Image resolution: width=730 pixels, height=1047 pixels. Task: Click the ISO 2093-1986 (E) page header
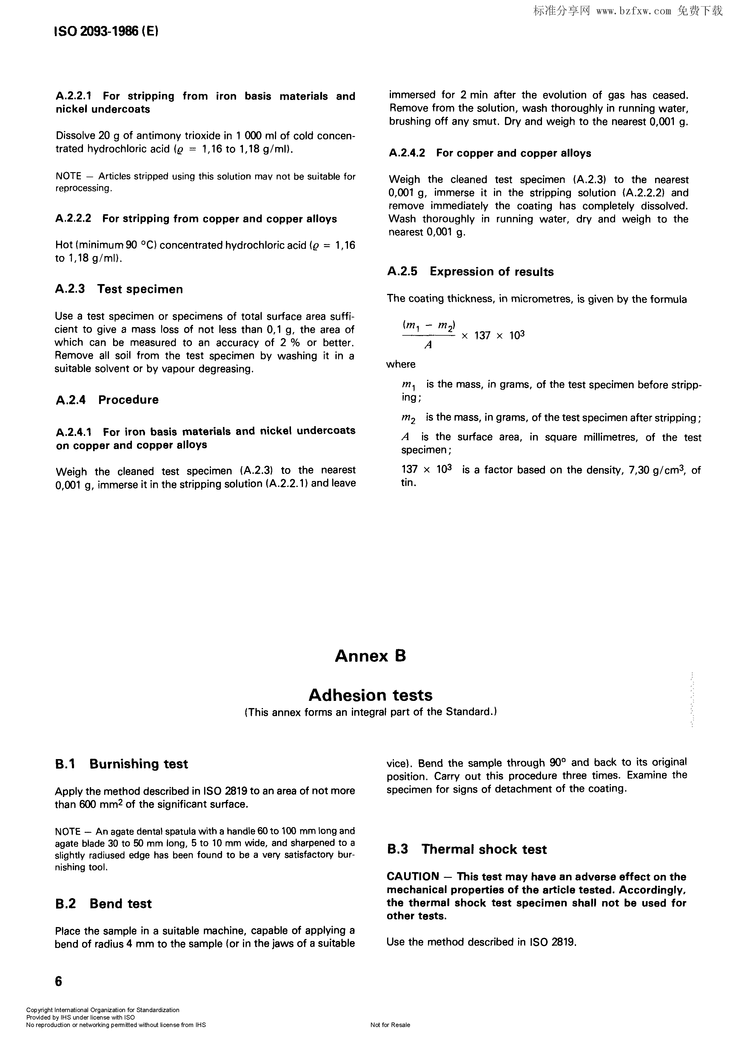[x=106, y=31]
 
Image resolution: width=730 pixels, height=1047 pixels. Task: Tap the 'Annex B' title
[x=370, y=656]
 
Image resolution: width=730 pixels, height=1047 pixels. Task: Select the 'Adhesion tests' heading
[x=370, y=695]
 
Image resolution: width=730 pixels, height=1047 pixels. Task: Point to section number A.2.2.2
[x=73, y=219]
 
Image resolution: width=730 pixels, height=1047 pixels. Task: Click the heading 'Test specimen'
[x=140, y=289]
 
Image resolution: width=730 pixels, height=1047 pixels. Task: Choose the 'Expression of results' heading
[x=491, y=272]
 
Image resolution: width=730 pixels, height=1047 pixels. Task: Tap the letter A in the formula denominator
[x=428, y=346]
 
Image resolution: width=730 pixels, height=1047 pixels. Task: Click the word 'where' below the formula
[x=401, y=364]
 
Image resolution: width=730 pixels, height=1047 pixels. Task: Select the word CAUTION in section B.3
[x=412, y=876]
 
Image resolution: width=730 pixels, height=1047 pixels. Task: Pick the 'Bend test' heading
[x=121, y=904]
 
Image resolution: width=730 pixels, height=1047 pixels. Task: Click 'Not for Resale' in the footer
[x=390, y=1025]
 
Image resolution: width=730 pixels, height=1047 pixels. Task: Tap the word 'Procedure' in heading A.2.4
[x=128, y=400]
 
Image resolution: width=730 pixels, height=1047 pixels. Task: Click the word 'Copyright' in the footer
[x=39, y=1010]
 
